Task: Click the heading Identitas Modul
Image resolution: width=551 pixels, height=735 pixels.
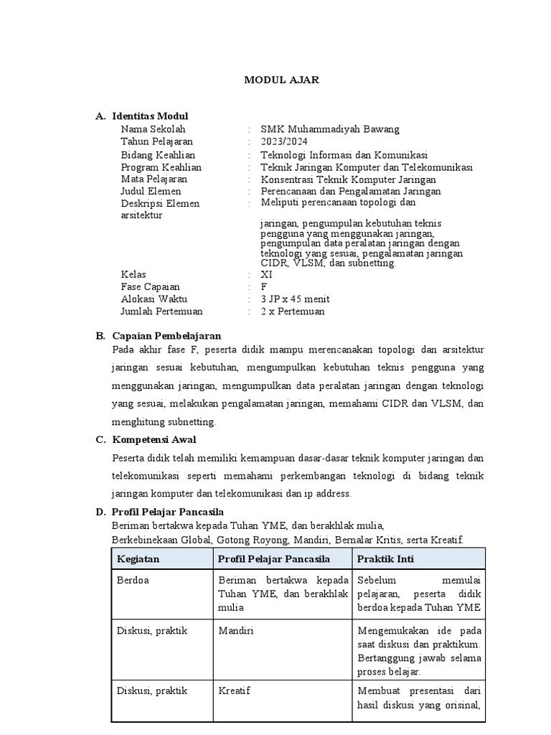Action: (x=150, y=116)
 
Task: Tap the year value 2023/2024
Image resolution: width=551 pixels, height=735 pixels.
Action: (x=285, y=141)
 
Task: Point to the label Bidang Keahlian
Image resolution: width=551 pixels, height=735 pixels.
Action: (x=158, y=154)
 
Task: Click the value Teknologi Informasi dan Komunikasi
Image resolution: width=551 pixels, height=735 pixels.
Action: (x=344, y=154)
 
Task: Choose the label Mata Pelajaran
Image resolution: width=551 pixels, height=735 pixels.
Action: (x=154, y=179)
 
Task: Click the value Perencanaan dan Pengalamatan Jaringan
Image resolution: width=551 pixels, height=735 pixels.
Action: (x=351, y=191)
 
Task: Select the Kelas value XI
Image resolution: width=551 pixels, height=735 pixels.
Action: (x=267, y=275)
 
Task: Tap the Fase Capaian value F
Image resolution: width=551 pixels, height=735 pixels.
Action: (x=264, y=287)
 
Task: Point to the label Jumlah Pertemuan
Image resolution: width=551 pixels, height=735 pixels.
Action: (x=161, y=312)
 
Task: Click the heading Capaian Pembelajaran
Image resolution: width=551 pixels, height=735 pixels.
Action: (x=166, y=336)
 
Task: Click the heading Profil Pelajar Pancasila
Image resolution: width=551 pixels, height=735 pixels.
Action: (x=168, y=512)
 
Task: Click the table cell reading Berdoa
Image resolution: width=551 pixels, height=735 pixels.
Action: (x=133, y=581)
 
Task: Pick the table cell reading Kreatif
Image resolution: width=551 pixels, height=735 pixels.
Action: (x=235, y=690)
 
